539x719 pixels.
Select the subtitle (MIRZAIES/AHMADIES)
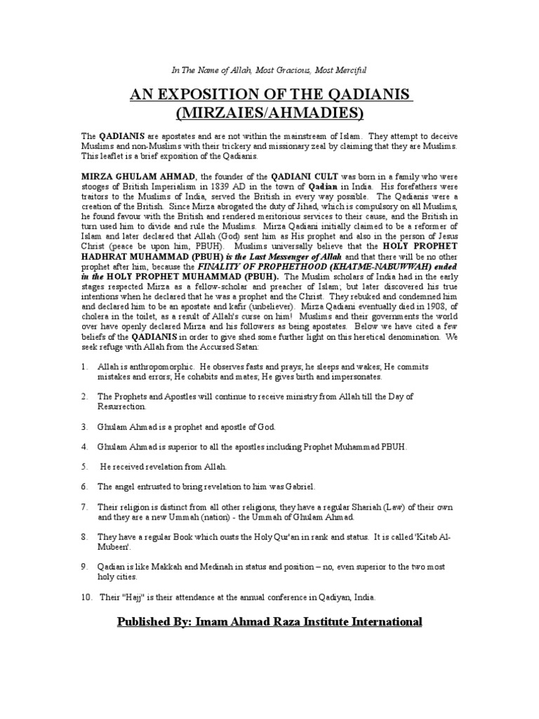point(269,112)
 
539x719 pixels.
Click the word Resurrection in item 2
point(122,407)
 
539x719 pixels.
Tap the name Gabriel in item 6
point(300,486)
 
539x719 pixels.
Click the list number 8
point(83,536)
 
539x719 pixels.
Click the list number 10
point(84,597)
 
